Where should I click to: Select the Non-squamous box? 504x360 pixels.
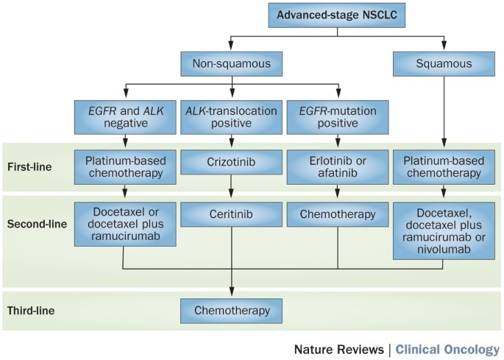pyautogui.click(x=232, y=64)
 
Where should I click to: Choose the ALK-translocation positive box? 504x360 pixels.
pyautogui.click(x=232, y=117)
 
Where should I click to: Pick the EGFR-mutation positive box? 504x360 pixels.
pyautogui.click(x=337, y=117)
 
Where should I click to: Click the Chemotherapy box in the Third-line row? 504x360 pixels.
pyautogui.click(x=232, y=311)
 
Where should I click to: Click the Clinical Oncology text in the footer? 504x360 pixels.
pyautogui.click(x=447, y=348)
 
